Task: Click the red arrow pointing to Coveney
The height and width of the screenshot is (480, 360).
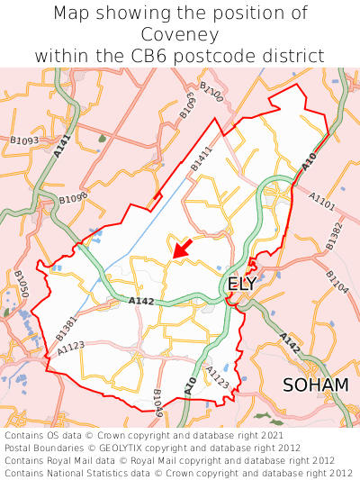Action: coord(182,249)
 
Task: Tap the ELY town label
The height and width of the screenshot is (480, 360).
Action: coord(242,285)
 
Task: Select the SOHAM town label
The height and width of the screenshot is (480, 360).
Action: coord(315,385)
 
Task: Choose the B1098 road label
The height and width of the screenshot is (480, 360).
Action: coord(74,198)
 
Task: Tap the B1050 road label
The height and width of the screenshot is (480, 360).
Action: coord(22,283)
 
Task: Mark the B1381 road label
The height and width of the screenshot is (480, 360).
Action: coord(67,327)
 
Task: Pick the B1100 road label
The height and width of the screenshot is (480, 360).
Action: coord(211,91)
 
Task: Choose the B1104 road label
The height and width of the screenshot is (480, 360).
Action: coord(337,282)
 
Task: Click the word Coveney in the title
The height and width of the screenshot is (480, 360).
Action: coord(180,34)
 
